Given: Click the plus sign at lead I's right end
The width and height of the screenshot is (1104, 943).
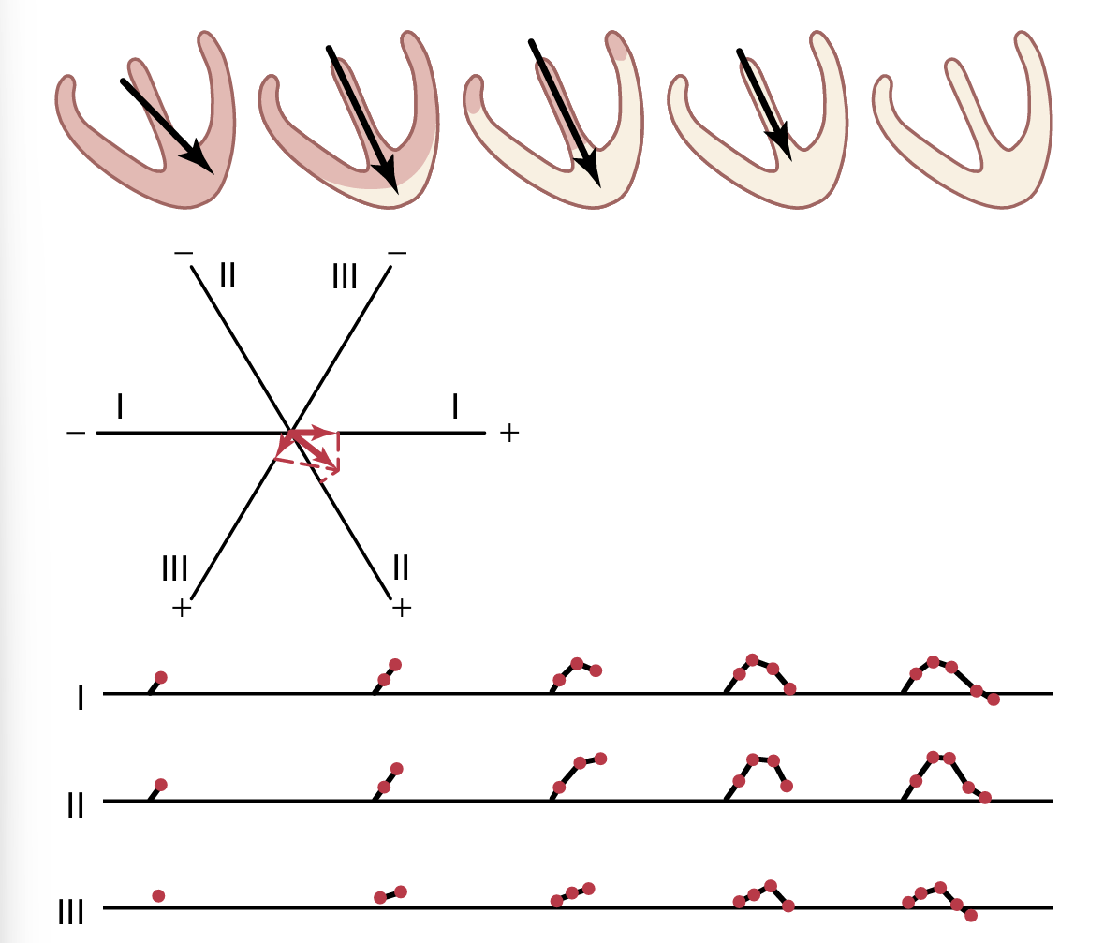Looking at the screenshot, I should point(508,433).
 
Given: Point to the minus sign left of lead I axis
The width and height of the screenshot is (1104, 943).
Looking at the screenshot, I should point(77,434).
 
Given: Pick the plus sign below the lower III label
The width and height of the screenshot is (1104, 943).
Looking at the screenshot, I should point(182,608).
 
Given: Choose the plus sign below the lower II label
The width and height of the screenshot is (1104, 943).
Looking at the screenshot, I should point(402,608).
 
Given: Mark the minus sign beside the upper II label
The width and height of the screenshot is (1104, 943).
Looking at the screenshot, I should point(184,253).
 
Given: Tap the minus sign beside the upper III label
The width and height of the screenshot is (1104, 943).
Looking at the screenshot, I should point(397,253).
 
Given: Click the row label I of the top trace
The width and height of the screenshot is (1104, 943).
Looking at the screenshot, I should point(81,698).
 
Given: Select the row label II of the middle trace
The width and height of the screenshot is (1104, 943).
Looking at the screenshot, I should point(76,805).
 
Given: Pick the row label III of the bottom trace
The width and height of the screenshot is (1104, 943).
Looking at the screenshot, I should point(71,912).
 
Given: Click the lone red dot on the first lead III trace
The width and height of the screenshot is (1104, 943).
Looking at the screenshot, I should point(158,896).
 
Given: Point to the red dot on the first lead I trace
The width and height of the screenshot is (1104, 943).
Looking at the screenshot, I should point(160,677).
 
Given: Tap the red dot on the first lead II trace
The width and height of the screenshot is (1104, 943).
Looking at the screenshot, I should point(160,784).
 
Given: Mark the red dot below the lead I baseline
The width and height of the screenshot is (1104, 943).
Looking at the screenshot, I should point(994,700).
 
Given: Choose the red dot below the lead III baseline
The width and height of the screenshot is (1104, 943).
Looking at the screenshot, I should point(970,915).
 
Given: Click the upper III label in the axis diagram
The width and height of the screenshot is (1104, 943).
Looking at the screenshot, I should point(346,277).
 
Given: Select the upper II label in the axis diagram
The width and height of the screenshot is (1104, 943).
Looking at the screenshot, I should point(228,275).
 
